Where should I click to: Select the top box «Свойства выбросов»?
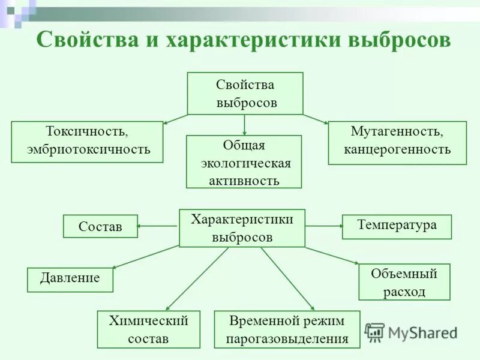[245, 93]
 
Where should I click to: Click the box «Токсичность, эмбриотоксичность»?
[87, 142]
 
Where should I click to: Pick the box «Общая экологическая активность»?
[244, 162]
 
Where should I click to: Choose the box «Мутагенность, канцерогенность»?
[397, 143]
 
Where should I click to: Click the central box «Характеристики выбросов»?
[242, 228]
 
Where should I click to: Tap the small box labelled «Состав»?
[100, 226]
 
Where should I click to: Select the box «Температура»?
[397, 226]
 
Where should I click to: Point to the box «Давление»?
[70, 279]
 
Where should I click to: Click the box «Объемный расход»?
[404, 282]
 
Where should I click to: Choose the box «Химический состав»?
[148, 329]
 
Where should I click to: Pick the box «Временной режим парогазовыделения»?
[287, 329]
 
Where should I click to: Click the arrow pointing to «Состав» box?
[157, 226]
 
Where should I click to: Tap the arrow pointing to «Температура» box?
[324, 226]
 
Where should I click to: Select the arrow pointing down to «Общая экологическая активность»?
[244, 125]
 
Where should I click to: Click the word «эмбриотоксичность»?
[88, 149]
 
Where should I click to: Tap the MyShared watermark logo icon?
[374, 332]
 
